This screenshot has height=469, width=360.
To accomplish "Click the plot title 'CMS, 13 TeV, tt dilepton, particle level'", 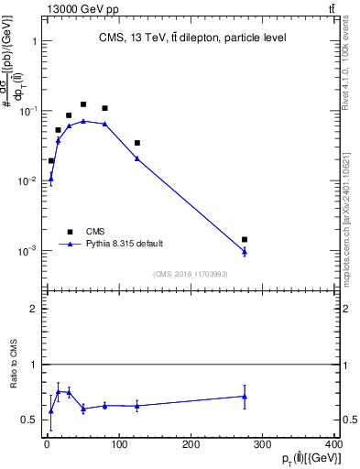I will click(192, 38).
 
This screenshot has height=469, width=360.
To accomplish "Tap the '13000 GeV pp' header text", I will click(80, 8).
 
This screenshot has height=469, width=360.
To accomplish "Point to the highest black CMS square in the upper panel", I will click(83, 104).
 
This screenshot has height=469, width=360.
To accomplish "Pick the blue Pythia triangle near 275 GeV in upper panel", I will click(245, 252).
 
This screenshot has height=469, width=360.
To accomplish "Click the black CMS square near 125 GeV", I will click(137, 143).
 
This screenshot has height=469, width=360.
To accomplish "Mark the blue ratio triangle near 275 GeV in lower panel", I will click(245, 397).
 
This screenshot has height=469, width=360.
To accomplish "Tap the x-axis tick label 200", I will click(191, 444).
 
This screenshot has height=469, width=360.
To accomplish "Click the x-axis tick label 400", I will click(334, 444).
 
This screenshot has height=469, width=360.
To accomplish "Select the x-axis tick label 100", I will click(119, 444).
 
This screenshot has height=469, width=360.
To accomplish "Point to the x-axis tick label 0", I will click(47, 444).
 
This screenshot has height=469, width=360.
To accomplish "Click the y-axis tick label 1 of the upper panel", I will click(33, 42).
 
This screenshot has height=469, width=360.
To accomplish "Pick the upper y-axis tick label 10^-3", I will click(27, 250).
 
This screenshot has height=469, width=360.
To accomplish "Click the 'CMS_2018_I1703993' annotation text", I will click(191, 274).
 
